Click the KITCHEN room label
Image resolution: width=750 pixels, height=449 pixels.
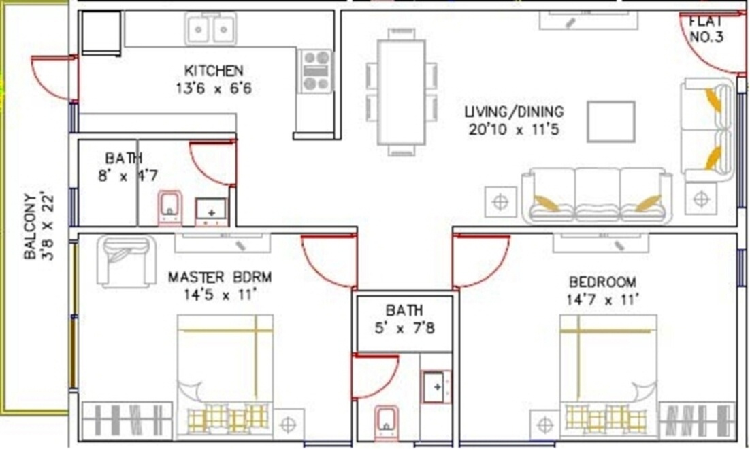pos(214,70)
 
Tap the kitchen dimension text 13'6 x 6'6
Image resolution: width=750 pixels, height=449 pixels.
pos(214,88)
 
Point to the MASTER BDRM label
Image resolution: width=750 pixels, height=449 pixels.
pos(220,277)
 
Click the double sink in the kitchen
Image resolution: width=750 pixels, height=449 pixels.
pos(211,29)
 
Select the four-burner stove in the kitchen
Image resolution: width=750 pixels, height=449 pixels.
pos(316,71)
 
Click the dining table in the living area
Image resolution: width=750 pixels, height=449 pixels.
pos(402,91)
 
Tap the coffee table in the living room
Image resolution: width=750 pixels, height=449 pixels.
pos(610,121)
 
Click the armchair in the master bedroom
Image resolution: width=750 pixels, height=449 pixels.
pos(126,261)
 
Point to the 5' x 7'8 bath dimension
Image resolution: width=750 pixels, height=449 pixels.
pos(405,328)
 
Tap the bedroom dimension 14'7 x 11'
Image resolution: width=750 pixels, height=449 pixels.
pos(602,299)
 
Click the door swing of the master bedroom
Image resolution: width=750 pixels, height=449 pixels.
pos(329,261)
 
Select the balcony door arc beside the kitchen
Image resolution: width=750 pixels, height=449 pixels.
pos(52,76)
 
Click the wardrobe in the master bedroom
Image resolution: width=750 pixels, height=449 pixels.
pos(127,420)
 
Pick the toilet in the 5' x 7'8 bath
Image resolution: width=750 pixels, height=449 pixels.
pos(385,420)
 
